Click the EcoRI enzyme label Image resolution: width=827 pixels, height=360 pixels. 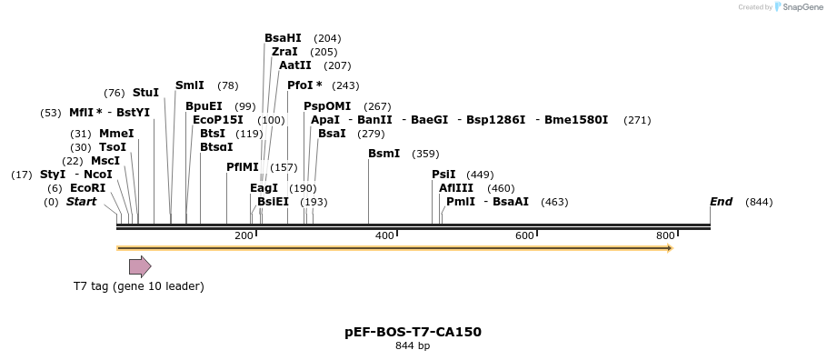[88, 188]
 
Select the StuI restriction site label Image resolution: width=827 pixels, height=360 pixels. [145, 93]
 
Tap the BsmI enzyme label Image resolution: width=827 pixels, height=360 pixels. [384, 154]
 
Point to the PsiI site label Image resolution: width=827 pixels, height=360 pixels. [443, 175]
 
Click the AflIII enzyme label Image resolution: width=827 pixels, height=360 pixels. [456, 188]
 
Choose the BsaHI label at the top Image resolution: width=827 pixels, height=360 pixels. [283, 38]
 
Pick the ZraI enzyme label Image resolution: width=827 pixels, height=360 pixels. [284, 52]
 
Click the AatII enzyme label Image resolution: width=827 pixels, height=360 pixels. [295, 65]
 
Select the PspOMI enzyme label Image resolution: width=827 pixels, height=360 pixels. [327, 106]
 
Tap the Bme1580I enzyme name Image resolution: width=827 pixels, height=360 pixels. [576, 120]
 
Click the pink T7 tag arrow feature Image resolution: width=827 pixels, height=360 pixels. [140, 266]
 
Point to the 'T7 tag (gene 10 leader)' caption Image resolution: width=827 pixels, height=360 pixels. [139, 286]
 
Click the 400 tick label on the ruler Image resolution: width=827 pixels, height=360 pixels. [384, 236]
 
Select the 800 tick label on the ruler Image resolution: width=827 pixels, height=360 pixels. [665, 236]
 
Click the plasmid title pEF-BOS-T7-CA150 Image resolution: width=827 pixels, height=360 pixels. [413, 332]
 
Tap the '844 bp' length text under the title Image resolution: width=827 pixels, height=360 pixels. [413, 346]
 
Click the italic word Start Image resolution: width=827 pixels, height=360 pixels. [81, 202]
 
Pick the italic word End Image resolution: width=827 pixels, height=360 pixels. [721, 202]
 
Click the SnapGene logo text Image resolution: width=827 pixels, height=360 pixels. [802, 7]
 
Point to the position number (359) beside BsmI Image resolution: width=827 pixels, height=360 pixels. [425, 154]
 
